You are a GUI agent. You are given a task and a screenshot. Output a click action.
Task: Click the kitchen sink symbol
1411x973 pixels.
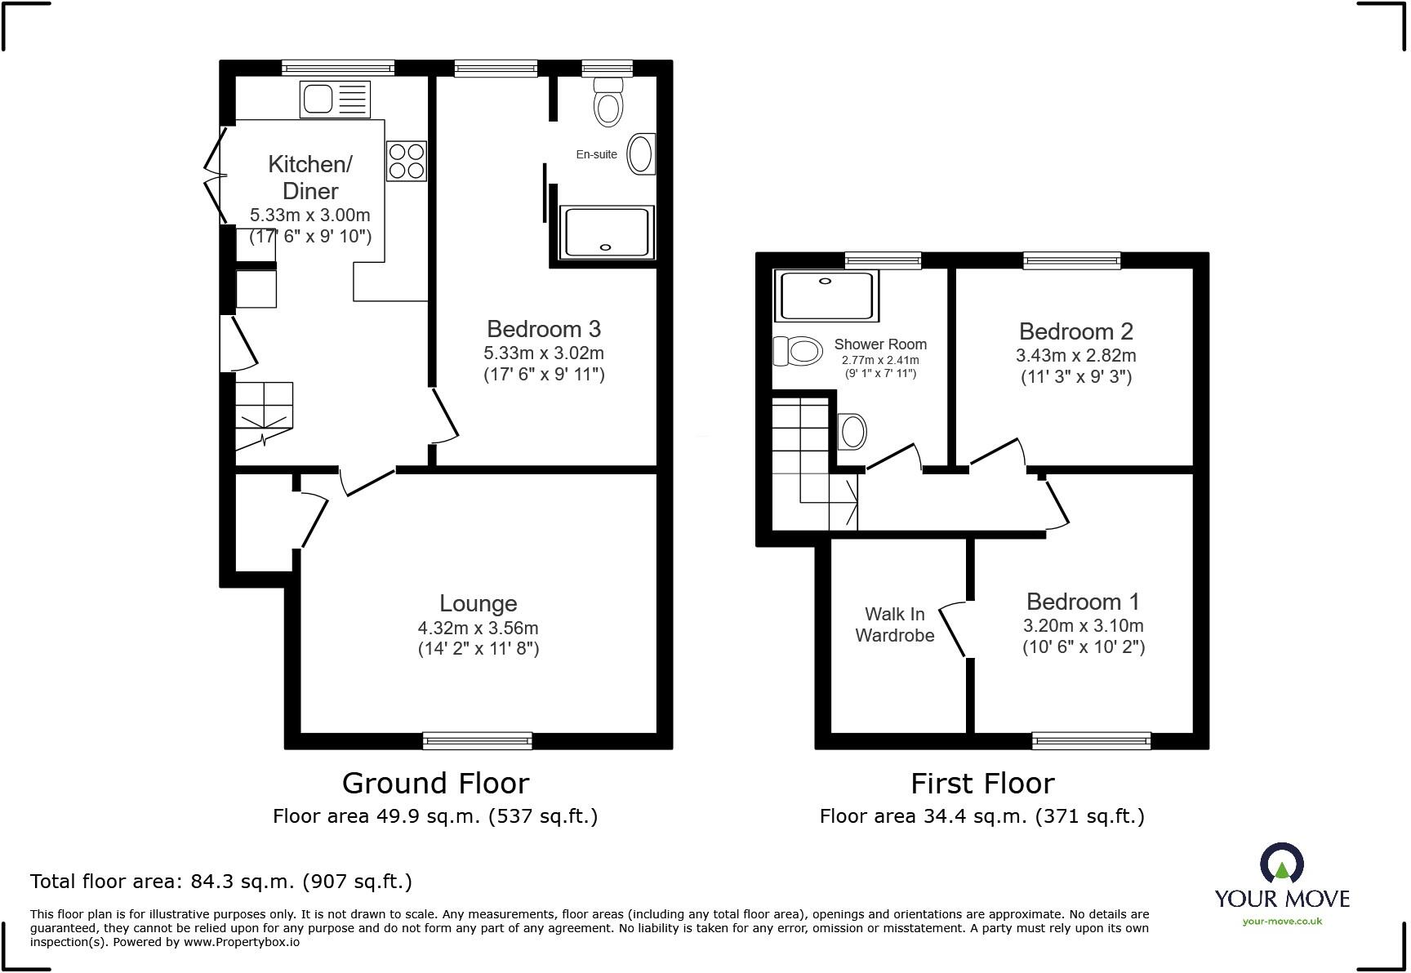[x=335, y=100]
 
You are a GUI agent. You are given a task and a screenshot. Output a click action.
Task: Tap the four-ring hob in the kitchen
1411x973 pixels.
[x=406, y=161]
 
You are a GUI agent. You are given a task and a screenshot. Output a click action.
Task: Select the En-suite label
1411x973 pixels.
[x=596, y=154]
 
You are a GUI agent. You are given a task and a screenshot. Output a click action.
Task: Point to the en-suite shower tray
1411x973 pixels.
[x=606, y=233]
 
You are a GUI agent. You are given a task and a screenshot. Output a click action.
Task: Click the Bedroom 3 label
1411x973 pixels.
[x=543, y=329]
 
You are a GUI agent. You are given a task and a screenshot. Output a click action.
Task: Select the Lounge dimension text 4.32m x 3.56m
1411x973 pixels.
[x=478, y=628]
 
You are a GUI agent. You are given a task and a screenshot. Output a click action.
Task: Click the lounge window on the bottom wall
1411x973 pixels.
[x=477, y=740]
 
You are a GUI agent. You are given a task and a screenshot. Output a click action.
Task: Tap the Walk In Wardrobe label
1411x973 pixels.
[x=894, y=624]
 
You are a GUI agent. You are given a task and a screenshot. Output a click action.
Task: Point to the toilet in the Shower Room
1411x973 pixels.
[x=798, y=352]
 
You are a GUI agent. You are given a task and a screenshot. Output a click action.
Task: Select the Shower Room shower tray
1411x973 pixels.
[x=828, y=295]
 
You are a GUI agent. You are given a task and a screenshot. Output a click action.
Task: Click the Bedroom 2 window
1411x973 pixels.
[x=1071, y=260]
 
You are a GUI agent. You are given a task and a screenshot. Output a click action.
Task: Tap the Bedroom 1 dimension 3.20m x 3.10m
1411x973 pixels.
[x=1083, y=626]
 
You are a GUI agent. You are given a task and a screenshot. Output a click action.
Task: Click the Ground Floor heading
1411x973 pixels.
[x=435, y=783]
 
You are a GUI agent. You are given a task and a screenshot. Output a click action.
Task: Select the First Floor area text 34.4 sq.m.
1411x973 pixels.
[x=981, y=815]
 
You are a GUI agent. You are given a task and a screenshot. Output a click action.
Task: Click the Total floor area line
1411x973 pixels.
[x=220, y=882]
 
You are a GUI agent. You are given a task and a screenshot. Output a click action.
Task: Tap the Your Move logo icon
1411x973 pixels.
[x=1281, y=864]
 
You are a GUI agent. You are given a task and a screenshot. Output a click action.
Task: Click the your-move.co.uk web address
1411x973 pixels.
[x=1281, y=921]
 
